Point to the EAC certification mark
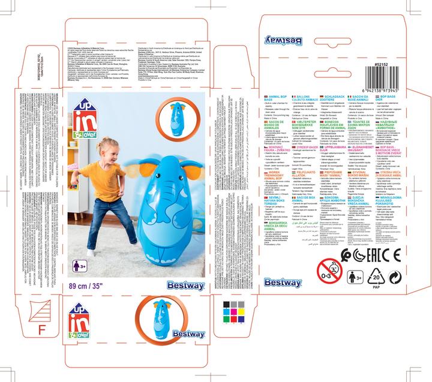(x=386, y=253)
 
